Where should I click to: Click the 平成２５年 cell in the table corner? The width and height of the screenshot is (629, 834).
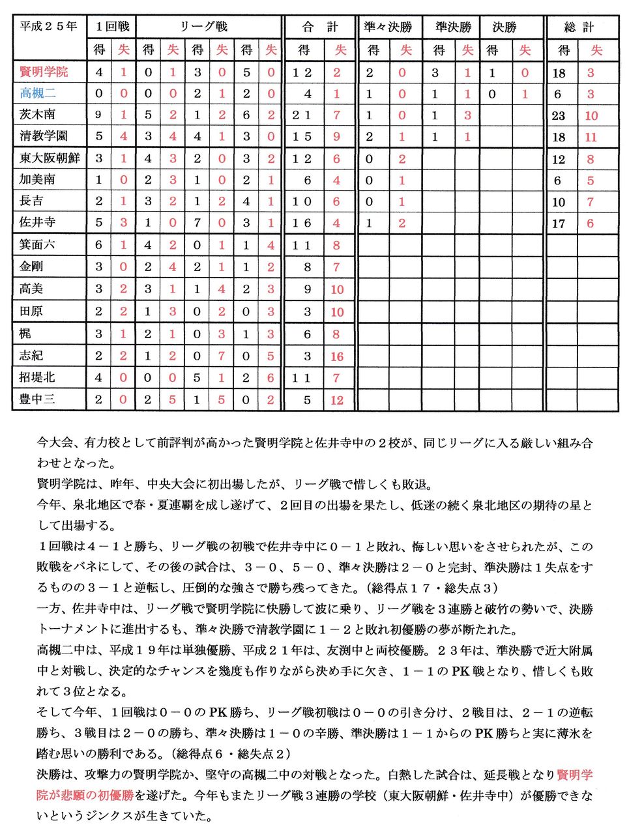click(x=48, y=27)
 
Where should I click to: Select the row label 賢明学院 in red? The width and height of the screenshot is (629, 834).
click(x=44, y=72)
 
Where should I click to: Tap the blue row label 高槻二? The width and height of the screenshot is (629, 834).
click(x=37, y=93)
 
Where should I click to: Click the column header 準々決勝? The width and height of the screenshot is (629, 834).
click(x=388, y=27)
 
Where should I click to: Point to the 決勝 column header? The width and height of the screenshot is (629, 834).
click(x=505, y=27)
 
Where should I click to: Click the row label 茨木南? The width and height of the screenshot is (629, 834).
click(x=37, y=115)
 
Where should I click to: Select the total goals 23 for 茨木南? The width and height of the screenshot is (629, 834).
click(x=559, y=116)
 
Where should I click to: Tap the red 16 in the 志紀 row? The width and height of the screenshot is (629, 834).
click(x=337, y=356)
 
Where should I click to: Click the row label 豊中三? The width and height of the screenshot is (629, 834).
click(x=37, y=399)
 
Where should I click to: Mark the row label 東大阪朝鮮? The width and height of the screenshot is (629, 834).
click(x=50, y=158)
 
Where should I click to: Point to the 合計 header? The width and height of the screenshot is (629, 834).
click(x=320, y=27)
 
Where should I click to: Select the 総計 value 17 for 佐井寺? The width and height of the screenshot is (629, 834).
click(x=559, y=223)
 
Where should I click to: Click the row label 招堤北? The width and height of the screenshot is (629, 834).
click(x=37, y=377)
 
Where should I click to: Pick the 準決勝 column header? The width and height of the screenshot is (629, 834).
click(x=453, y=27)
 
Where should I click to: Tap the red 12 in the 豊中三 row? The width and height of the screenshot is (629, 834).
click(x=337, y=400)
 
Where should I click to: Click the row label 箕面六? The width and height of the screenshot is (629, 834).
click(x=37, y=245)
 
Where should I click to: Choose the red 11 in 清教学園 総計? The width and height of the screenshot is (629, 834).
click(x=591, y=137)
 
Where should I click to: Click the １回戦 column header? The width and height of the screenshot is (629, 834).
click(x=112, y=27)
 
